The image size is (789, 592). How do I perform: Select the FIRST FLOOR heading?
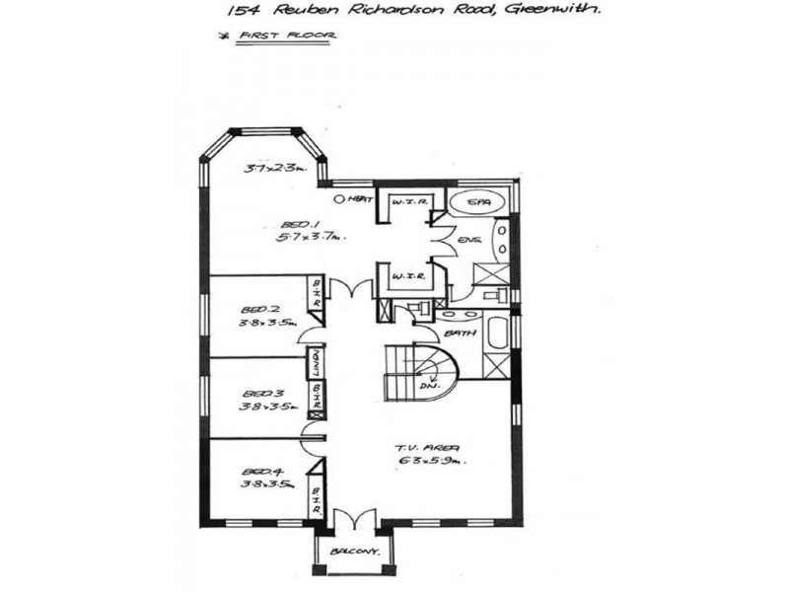[295, 36]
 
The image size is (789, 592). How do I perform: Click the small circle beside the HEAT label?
[340, 199]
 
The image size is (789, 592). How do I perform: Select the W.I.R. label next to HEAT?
[407, 202]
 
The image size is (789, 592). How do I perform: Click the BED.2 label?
[256, 309]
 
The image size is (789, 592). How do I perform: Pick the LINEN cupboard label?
[318, 364]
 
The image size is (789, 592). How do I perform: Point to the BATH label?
[461, 333]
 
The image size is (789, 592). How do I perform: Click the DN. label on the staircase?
[428, 385]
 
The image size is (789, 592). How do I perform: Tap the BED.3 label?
[256, 392]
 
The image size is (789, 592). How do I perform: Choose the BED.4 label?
[256, 472]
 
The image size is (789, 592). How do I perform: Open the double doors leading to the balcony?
[352, 520]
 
